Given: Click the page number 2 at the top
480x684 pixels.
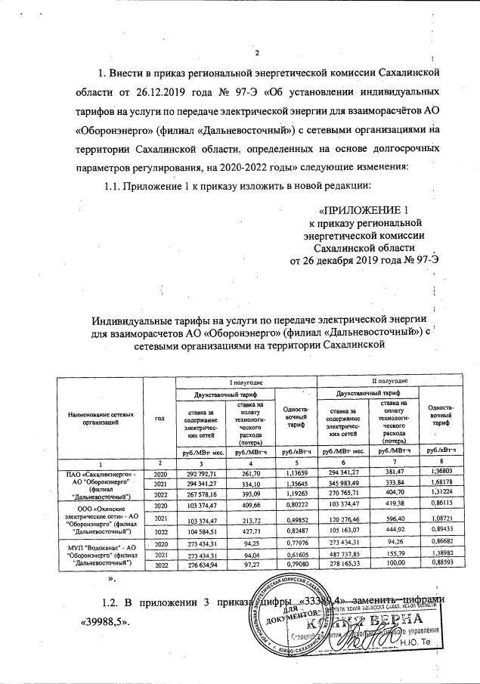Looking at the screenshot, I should pyautogui.click(x=257, y=52).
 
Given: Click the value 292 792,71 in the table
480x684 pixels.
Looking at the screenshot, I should pyautogui.click(x=196, y=472).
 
